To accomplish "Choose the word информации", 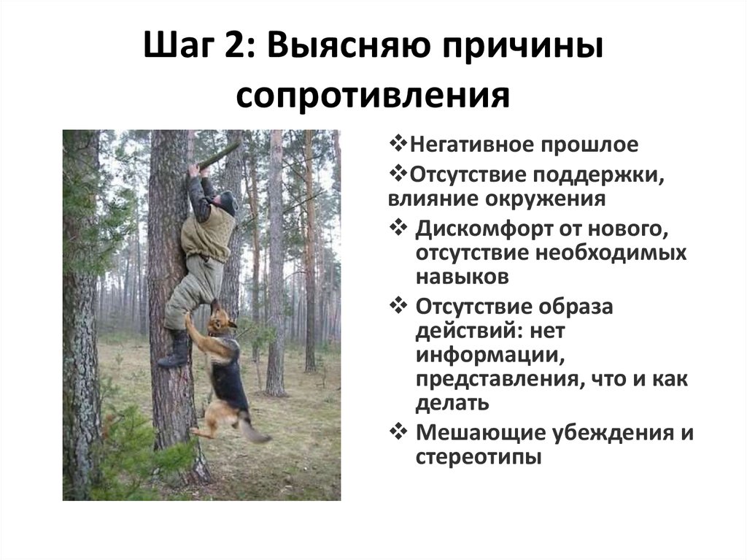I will (490, 356).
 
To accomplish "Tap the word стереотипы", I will (479, 458).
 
